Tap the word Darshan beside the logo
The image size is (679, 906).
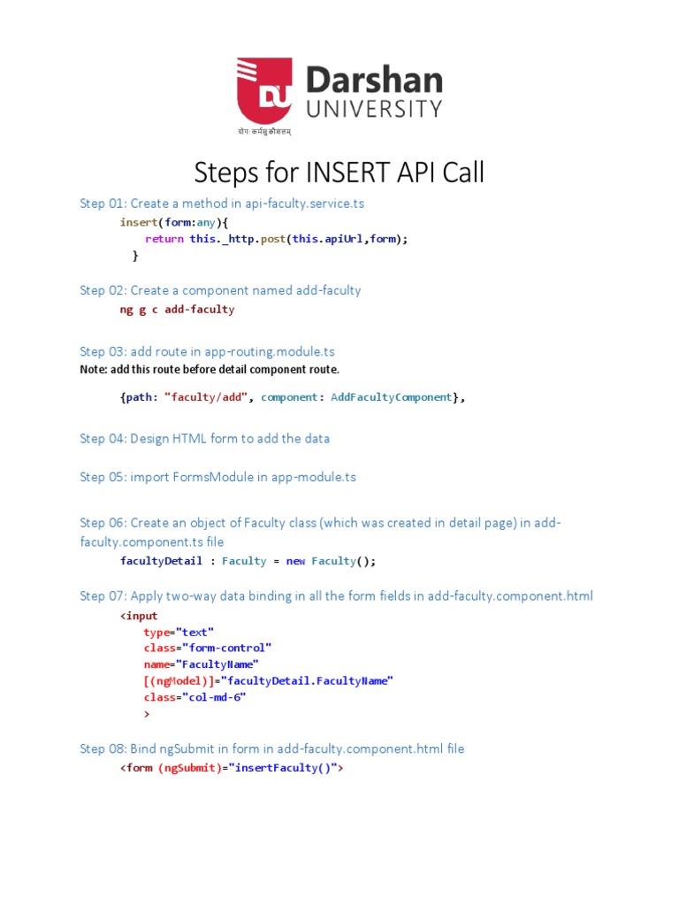[373, 81]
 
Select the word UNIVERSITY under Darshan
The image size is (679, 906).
[373, 109]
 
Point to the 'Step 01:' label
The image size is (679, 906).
[103, 203]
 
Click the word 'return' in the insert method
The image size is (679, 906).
[164, 239]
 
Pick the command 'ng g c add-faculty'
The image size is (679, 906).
[177, 310]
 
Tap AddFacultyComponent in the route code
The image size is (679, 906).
[391, 397]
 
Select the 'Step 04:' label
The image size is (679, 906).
[103, 438]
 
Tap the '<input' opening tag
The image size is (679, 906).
[139, 616]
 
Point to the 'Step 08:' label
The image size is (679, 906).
[103, 749]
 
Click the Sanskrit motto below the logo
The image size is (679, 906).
[263, 131]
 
